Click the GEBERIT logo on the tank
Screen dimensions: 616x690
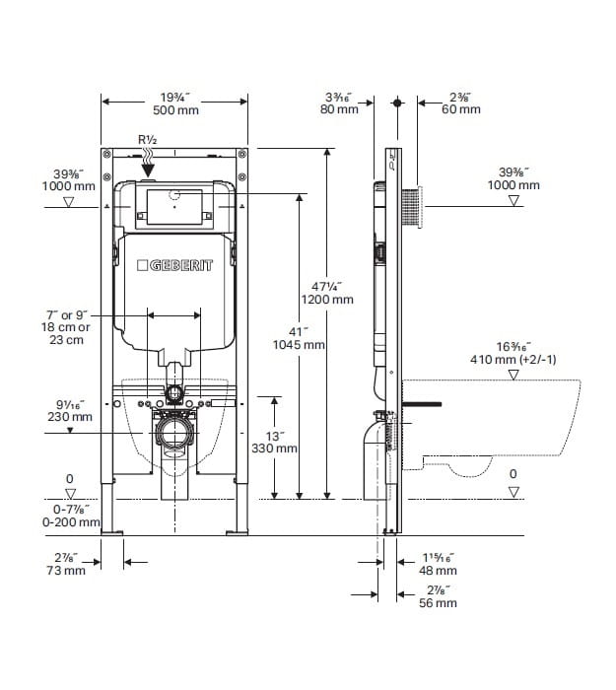(174, 265)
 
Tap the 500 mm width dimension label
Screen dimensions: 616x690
(176, 110)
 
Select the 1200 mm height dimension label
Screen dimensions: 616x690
(327, 300)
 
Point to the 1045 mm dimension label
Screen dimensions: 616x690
(299, 345)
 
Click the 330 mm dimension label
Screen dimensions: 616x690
(274, 448)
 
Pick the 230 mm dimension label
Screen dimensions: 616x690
(70, 417)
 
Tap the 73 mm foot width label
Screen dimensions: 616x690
(66, 571)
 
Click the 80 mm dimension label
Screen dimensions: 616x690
(339, 109)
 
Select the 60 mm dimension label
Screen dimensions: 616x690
(461, 109)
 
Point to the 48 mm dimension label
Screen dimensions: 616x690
(438, 571)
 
